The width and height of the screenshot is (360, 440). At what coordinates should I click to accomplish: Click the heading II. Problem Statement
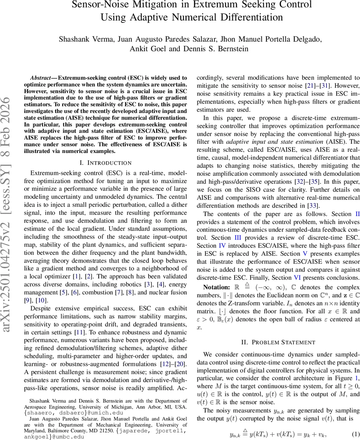tap(278, 342)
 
